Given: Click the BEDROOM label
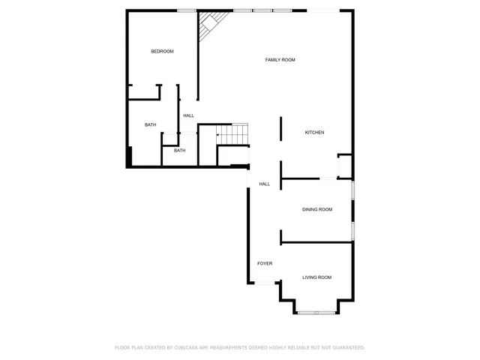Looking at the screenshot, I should click(x=162, y=51).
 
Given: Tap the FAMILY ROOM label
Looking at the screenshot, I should click(x=280, y=59).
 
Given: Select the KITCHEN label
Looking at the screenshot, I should click(x=314, y=133).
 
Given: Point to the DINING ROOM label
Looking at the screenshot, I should click(x=316, y=209).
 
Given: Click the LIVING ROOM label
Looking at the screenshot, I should click(x=316, y=277).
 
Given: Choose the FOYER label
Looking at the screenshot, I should click(x=264, y=264).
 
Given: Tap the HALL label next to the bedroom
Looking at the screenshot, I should click(x=188, y=115).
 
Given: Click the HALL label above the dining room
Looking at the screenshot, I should click(x=264, y=184).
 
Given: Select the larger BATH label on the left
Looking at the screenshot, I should click(x=151, y=124).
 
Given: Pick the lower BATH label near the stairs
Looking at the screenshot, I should click(x=179, y=150).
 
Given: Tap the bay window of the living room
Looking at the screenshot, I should click(x=316, y=310).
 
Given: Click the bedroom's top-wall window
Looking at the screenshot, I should click(x=187, y=10).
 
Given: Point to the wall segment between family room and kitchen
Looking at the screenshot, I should click(x=280, y=128).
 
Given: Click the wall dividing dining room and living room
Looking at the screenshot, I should click(x=315, y=241).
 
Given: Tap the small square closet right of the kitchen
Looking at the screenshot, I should click(x=345, y=165).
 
